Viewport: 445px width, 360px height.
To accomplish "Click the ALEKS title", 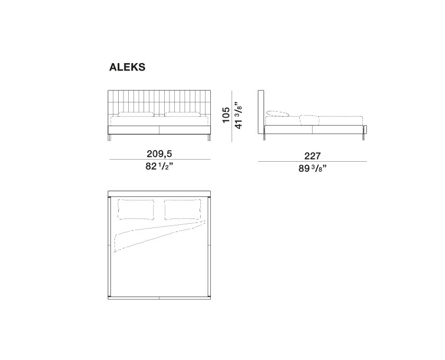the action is coord(127,67).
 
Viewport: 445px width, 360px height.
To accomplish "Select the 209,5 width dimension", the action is coord(159,154).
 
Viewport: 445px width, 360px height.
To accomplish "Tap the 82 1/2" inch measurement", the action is coord(159,166).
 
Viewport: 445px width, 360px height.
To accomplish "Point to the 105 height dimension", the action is coord(226,115).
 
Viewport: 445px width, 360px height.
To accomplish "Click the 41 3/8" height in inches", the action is coord(239,116).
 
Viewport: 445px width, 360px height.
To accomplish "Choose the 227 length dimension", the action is coord(313,156).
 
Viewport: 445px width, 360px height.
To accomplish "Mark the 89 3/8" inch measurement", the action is coord(313,168).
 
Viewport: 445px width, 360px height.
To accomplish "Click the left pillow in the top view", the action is coord(136,209).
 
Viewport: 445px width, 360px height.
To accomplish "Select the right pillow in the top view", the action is coord(183,209).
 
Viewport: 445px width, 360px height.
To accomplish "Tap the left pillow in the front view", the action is coord(136,114).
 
